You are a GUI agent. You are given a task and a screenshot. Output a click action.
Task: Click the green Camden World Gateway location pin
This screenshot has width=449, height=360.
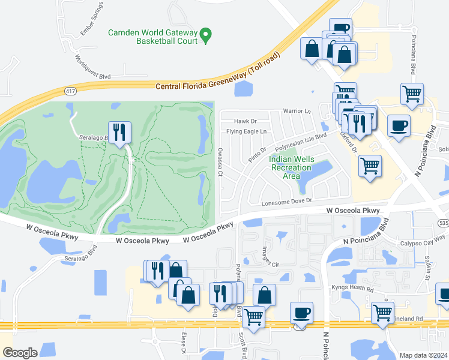coord(206,35)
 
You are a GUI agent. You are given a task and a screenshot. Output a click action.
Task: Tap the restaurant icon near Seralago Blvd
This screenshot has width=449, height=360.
coord(119,133)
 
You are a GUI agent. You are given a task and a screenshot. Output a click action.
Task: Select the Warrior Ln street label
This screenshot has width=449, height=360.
coord(297,112)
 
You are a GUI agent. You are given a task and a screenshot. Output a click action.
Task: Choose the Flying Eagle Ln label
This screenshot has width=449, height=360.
coord(246,132)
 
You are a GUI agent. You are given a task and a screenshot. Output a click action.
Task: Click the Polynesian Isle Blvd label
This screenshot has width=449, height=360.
coord(300,144)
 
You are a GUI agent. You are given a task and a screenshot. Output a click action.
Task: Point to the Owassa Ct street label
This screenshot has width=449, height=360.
coord(220,162)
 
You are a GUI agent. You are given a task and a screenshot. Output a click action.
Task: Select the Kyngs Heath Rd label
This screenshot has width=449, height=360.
coord(352,288)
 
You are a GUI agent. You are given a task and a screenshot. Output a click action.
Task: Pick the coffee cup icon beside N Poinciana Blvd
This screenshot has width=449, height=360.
coord(399,126)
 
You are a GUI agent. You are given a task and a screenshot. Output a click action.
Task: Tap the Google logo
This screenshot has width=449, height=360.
coord(20,353)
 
